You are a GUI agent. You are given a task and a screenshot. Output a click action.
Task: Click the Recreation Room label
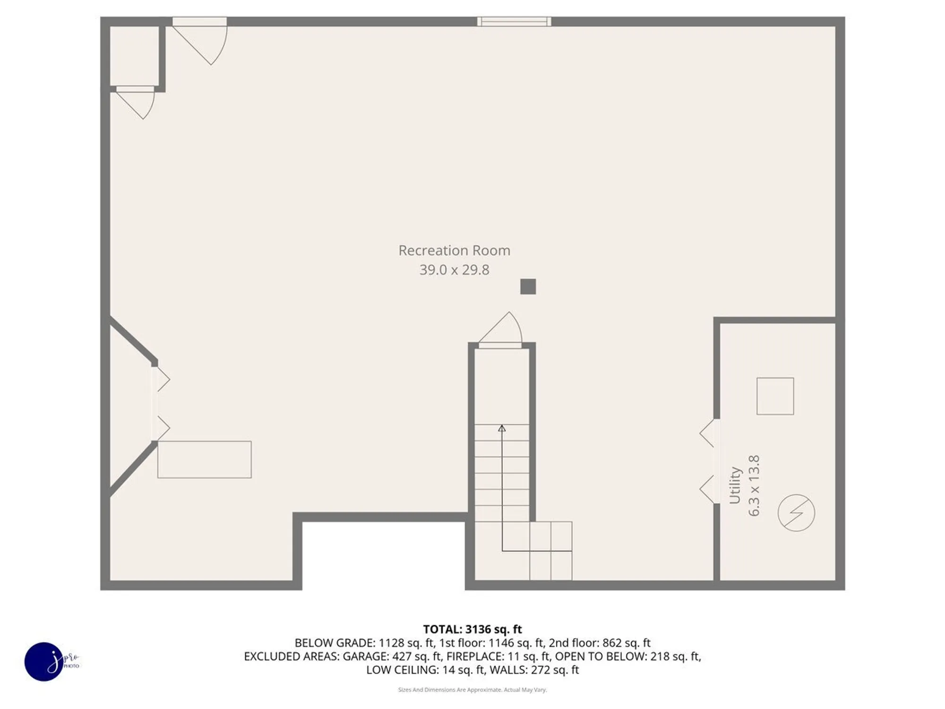coord(454,251)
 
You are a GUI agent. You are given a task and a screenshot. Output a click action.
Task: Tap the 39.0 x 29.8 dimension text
coord(454,270)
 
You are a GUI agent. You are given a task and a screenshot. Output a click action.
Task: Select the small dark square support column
coord(528,286)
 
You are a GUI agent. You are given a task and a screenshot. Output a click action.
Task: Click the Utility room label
coord(735,485)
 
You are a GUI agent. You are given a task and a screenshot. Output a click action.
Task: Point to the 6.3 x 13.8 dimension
coord(754,485)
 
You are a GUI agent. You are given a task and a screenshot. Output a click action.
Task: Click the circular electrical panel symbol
coord(796,513)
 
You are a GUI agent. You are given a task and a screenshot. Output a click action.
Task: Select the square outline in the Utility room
coord(775,396)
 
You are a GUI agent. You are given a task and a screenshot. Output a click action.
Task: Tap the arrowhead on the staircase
coord(502,428)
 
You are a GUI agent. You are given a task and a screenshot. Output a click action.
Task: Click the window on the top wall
coord(514,22)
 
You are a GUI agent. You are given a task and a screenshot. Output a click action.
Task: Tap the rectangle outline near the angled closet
coord(204,459)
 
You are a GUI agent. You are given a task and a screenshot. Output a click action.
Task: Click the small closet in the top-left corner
coord(134,56)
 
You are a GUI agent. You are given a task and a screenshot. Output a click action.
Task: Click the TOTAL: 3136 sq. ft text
coord(472,629)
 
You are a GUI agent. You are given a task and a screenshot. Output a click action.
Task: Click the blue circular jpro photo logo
coord(44,661)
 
